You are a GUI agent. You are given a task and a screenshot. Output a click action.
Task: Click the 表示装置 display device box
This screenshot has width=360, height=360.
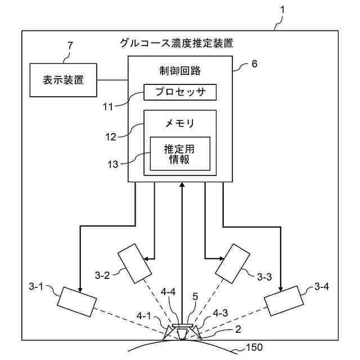pyautogui.click(x=63, y=80)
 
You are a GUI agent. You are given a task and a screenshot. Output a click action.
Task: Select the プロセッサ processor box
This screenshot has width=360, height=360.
pyautogui.click(x=180, y=92)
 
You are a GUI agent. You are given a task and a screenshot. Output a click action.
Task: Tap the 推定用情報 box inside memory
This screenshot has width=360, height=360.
pyautogui.click(x=179, y=154)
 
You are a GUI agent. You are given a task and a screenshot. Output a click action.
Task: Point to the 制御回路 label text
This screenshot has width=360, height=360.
pyautogui.click(x=180, y=71)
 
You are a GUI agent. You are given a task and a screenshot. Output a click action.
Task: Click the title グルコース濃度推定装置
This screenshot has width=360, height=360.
pyautogui.click(x=177, y=43)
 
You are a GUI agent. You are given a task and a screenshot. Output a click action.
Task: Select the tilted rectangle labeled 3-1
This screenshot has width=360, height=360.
pyautogui.click(x=78, y=302)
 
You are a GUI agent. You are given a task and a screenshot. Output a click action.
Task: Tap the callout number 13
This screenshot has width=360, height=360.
pyautogui.click(x=114, y=164)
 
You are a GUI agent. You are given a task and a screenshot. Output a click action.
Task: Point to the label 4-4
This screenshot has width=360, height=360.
pyautogui.click(x=168, y=292)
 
